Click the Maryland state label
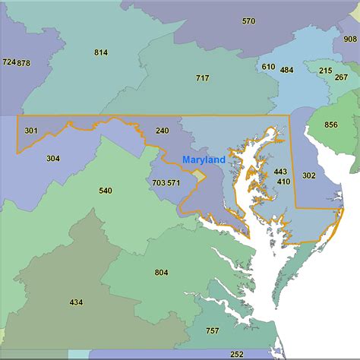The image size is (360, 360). point(204,160)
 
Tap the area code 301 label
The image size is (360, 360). point(31,131)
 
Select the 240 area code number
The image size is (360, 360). point(162,131)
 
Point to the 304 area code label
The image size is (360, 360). point(52,159)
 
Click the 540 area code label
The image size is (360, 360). point(105,190)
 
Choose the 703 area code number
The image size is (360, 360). point(158,182)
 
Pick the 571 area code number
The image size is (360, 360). point(174,182)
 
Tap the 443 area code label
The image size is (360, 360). point(281,172)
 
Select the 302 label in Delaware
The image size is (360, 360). point(308,175)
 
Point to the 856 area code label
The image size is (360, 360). point(331,125)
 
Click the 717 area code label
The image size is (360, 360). point(202,78)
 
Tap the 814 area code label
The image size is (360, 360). point(101,52)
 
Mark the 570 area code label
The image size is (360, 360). point(248,21)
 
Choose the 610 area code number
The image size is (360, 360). point(268,67)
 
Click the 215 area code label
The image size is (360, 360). point(325,71)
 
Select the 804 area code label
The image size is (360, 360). point(161,273)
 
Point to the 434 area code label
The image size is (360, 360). point(76,302)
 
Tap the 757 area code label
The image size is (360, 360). point(212,330)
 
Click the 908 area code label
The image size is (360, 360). point(349,39)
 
